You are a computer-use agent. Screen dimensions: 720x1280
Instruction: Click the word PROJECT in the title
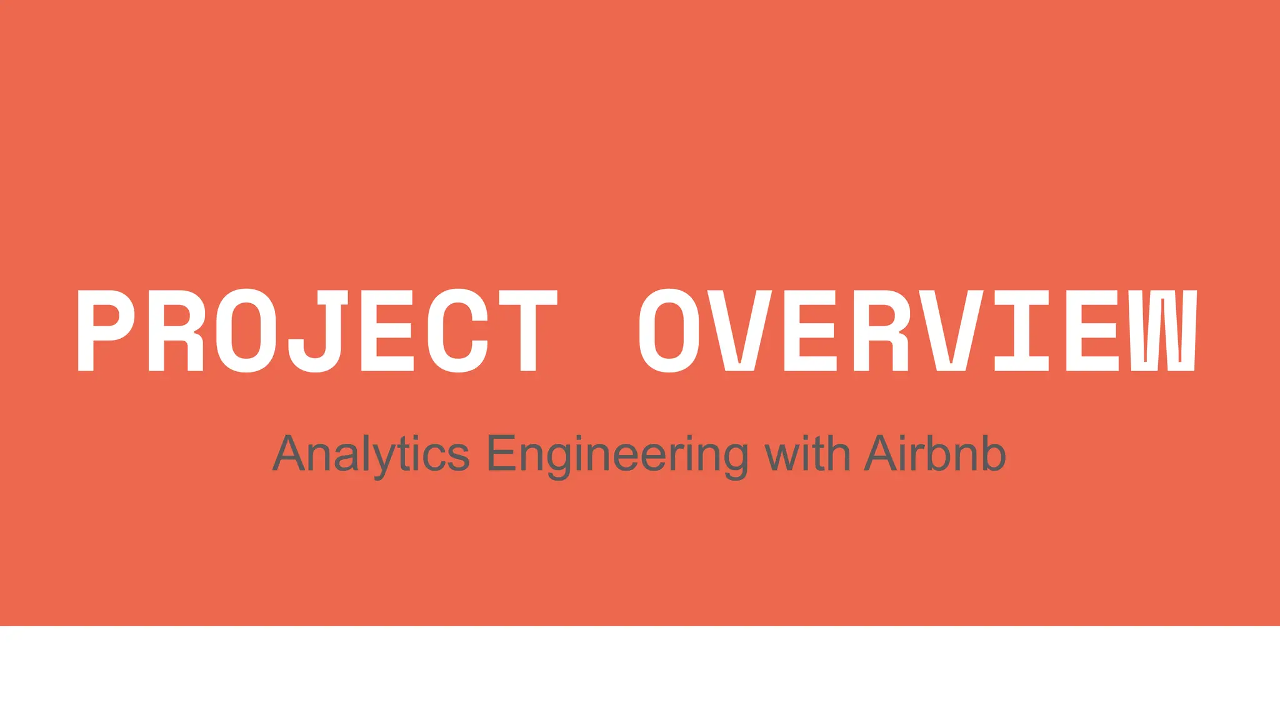(317, 331)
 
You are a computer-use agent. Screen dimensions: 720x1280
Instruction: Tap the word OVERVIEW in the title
(917, 331)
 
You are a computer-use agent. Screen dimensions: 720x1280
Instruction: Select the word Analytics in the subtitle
(371, 454)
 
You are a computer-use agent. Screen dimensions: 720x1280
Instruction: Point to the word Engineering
(617, 454)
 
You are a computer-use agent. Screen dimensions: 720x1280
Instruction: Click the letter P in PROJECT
(105, 331)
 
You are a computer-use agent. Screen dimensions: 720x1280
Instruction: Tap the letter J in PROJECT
(316, 331)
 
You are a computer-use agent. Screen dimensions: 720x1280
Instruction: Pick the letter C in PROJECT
(459, 331)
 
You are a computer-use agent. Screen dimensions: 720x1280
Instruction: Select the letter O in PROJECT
(247, 331)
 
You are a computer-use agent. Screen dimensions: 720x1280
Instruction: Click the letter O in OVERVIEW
(669, 331)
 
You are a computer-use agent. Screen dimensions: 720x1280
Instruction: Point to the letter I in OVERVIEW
(1021, 331)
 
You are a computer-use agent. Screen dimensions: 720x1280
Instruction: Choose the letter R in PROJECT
(176, 331)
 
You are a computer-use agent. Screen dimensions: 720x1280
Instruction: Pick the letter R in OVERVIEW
(881, 331)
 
